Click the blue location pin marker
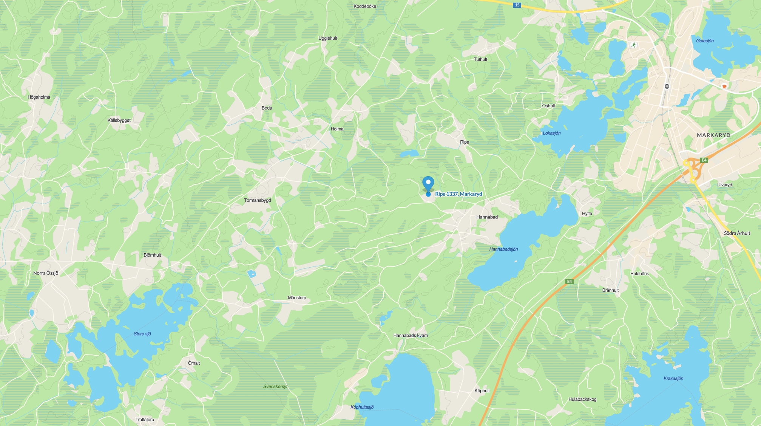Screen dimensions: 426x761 point(428,184)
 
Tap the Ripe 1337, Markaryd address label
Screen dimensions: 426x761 point(458,194)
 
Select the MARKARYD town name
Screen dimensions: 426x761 point(713,135)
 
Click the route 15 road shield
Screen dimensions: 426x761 point(517,5)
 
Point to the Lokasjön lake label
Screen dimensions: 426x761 point(551,133)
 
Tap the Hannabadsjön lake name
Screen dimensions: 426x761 point(503,249)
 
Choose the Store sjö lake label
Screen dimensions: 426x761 point(142,334)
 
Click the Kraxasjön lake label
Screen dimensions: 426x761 point(673,379)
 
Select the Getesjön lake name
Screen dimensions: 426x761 point(705,41)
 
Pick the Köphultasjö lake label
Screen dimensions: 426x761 point(362,407)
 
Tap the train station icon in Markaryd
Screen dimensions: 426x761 point(667,87)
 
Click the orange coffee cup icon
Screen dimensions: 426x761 point(724,87)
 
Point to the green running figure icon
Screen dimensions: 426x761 point(634,45)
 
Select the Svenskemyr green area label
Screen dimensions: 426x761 point(275,387)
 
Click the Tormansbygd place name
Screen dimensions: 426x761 point(257,200)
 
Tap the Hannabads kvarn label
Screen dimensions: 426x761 point(411,336)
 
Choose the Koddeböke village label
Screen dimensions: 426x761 point(365,6)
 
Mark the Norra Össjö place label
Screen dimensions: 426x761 point(46,273)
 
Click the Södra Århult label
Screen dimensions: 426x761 point(737,234)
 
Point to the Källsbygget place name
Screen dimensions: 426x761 point(119,121)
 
